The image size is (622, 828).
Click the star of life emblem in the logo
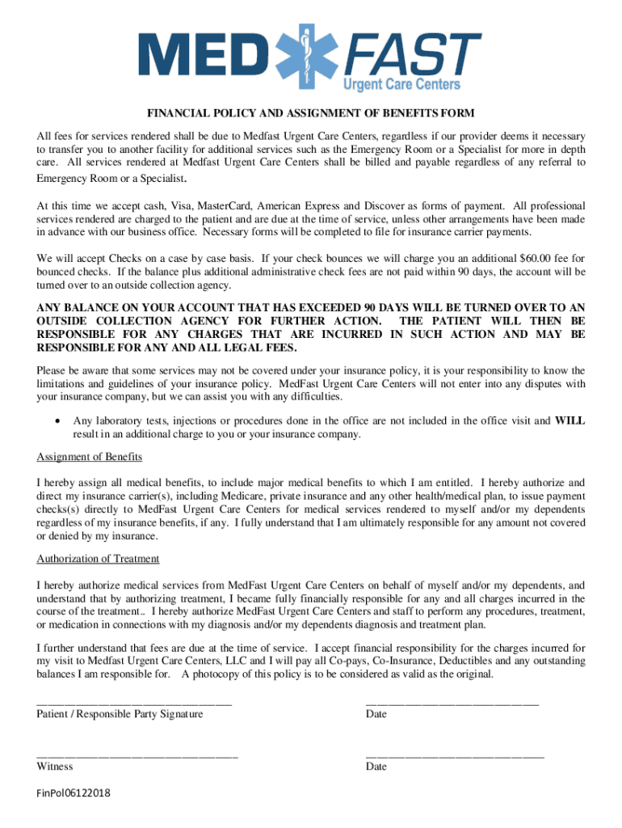point(307,55)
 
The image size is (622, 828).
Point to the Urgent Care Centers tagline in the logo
point(402,84)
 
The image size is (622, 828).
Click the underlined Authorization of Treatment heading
point(98,559)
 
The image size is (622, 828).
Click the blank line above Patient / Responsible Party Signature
point(134,702)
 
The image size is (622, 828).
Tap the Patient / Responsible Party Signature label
point(120,714)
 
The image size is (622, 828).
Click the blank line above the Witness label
point(137,754)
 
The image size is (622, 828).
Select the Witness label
point(54,767)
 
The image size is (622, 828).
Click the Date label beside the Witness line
point(376,767)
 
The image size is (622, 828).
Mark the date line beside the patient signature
point(452,702)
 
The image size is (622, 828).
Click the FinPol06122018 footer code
point(74,793)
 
